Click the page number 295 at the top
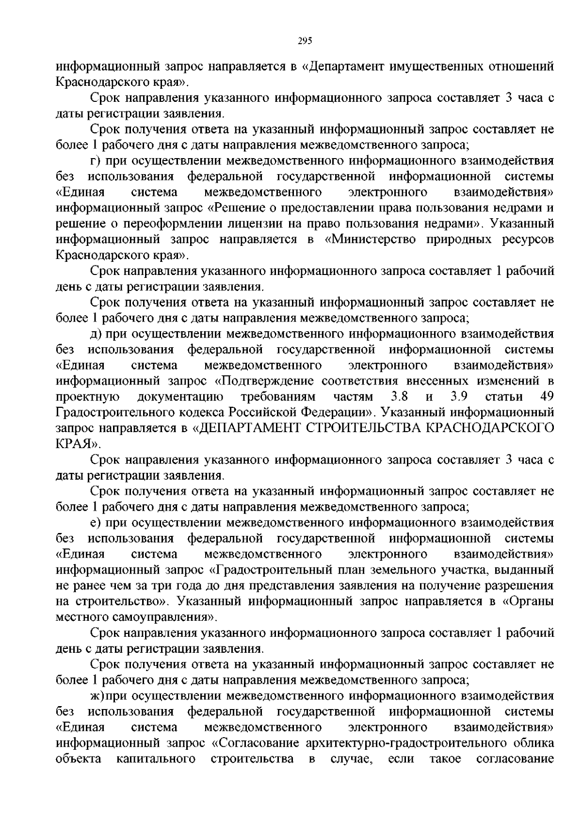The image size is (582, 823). click(x=304, y=41)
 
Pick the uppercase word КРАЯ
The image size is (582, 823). click(x=74, y=444)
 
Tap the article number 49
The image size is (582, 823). click(x=547, y=397)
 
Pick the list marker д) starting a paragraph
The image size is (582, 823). click(x=96, y=334)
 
